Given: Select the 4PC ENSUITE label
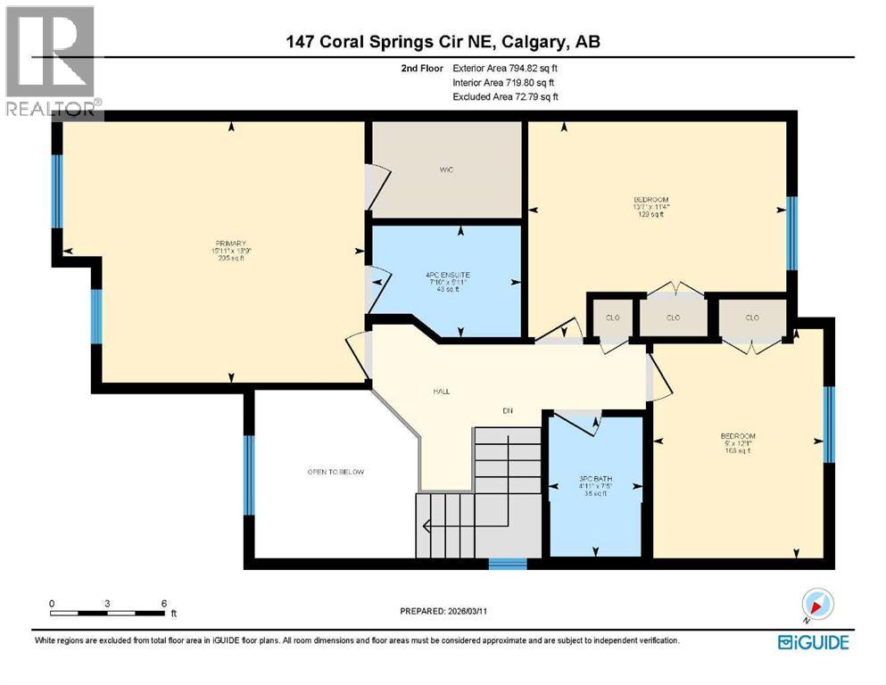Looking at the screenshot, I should click(446, 274).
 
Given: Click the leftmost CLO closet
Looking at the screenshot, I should click(612, 318).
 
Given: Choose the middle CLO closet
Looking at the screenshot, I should click(674, 318).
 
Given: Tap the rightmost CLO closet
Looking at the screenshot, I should click(752, 318).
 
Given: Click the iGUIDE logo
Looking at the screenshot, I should click(813, 642).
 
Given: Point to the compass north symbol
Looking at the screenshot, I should click(816, 605).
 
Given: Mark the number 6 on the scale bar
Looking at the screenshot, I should click(163, 604).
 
